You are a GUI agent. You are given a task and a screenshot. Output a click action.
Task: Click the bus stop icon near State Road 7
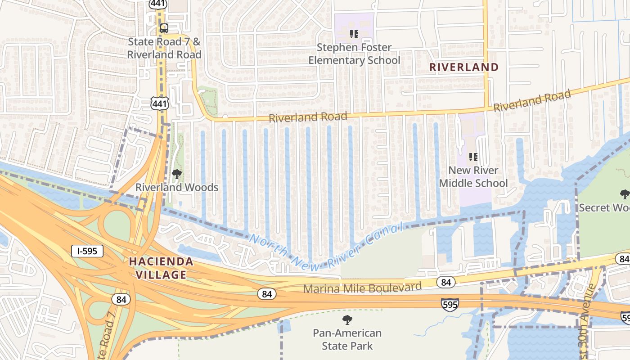tap(164, 28)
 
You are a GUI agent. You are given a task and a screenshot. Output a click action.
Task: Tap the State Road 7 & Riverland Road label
tap(164, 48)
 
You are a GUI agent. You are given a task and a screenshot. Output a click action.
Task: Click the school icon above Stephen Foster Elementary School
tap(354, 34)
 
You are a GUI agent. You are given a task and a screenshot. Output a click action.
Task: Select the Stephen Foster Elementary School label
tap(354, 54)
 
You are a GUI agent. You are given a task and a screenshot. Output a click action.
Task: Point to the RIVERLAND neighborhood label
tap(464, 67)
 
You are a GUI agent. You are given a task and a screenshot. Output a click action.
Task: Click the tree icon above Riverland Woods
tap(177, 174)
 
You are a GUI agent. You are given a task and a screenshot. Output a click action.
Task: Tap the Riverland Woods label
tap(177, 187)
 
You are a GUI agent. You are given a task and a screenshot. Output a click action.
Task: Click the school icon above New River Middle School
tap(473, 157)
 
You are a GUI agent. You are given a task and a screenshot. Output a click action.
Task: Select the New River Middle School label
tap(473, 177)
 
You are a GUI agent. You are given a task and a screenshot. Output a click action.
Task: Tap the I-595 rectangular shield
tap(87, 251)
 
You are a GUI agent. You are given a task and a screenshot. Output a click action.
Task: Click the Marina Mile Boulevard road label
tap(362, 287)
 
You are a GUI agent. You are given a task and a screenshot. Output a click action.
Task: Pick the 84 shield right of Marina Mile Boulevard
tap(446, 282)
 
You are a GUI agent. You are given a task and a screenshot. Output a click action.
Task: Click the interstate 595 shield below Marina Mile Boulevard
tap(450, 304)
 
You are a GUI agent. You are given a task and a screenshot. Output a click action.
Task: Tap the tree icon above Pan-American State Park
tap(347, 320)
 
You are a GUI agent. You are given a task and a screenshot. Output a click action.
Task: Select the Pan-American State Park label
tap(347, 340)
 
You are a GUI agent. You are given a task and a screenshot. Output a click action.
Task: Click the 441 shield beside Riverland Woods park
tap(160, 103)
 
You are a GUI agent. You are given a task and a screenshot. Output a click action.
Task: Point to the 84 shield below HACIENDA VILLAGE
tap(121, 299)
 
